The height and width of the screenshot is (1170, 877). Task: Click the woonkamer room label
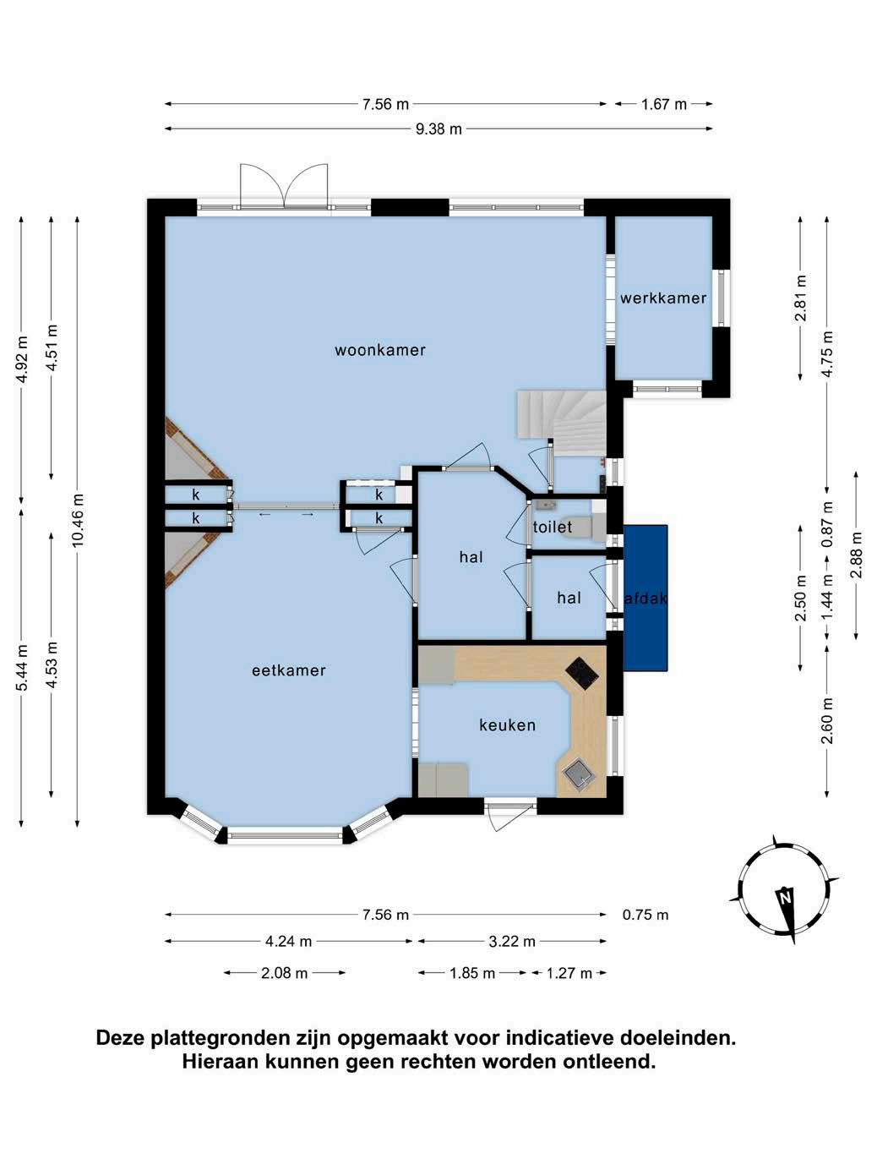click(379, 350)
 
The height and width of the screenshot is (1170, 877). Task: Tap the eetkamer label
click(289, 670)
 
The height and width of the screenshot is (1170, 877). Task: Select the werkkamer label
click(663, 298)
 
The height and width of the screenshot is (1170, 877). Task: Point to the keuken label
click(507, 725)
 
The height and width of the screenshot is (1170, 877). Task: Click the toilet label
click(553, 527)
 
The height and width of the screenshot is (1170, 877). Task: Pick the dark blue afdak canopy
click(645, 598)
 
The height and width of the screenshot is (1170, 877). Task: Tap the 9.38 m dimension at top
click(438, 129)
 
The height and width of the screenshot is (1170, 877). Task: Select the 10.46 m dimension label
click(78, 520)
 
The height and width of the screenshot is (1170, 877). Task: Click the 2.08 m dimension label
click(285, 973)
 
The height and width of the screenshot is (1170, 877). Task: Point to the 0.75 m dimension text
click(645, 915)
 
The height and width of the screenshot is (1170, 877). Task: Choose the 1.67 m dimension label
click(663, 105)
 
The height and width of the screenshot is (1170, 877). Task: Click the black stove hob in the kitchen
click(581, 674)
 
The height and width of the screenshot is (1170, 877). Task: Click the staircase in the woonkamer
click(561, 423)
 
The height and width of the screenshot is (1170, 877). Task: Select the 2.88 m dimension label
click(856, 555)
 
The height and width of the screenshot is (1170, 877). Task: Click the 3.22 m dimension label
click(512, 942)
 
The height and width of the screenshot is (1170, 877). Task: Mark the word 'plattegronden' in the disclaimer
click(220, 1038)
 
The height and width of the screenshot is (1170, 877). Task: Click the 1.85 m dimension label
click(472, 973)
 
